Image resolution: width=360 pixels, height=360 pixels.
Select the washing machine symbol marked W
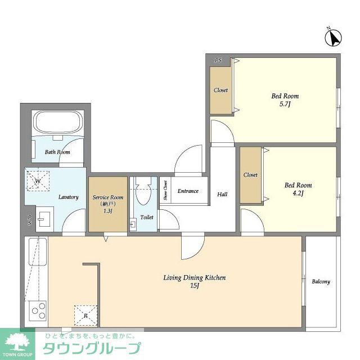(38, 181)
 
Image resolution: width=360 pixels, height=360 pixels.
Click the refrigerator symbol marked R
(85, 316)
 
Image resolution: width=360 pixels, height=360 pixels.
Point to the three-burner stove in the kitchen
(38, 310)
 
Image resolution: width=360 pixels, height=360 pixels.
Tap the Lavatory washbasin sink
(44, 219)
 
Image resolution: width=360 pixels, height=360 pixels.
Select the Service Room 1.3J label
(107, 204)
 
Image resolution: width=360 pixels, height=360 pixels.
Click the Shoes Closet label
(165, 190)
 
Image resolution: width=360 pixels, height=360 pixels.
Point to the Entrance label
(188, 191)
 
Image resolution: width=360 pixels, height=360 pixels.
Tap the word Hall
(222, 195)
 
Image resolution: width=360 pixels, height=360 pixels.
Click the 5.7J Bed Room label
(285, 100)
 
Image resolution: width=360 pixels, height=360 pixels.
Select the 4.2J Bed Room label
(298, 189)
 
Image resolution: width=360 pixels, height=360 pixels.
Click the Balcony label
(321, 281)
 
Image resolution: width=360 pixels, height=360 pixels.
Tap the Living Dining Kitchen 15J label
(195, 281)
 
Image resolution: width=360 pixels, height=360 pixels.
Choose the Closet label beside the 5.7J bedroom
(220, 90)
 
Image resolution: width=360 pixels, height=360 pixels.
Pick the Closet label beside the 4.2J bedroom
(250, 175)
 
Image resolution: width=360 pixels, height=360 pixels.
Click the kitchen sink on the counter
(38, 251)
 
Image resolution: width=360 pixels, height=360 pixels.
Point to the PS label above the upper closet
(218, 60)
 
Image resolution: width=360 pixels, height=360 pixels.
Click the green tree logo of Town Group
(17, 343)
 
